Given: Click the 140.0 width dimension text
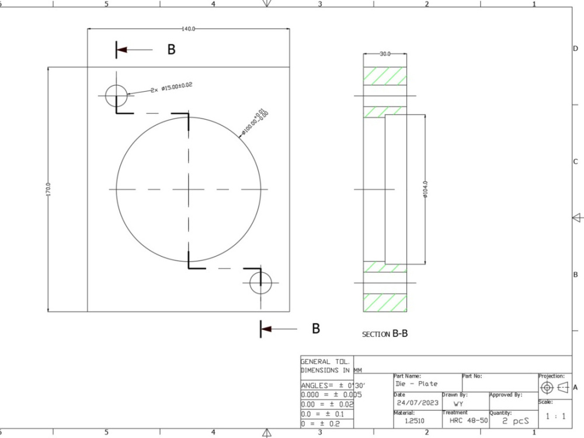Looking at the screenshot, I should point(188,29).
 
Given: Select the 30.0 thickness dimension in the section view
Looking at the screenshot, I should point(385,54).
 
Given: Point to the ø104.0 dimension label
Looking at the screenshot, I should point(425,190).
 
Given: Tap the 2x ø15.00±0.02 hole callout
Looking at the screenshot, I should point(171,88).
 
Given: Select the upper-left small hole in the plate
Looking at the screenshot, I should point(116,95).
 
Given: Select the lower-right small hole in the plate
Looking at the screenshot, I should point(260,283).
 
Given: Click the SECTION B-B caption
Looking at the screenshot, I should point(385,334).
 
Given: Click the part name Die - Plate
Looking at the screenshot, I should point(416,384).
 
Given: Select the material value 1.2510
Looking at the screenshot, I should point(415,420).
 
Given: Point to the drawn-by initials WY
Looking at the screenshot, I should point(459,403).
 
